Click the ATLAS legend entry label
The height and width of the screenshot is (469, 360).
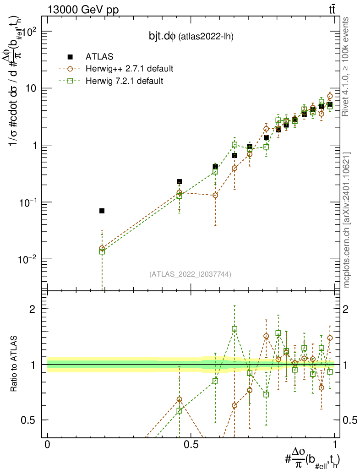98,57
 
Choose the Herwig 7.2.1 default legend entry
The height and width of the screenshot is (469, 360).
125,81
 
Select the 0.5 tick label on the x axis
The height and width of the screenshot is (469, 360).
191,445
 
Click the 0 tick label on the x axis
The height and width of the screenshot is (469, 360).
47,445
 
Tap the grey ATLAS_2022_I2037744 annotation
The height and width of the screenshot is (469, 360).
190,274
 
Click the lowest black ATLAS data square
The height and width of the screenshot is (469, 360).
102,211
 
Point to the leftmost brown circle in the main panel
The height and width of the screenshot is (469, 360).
102,248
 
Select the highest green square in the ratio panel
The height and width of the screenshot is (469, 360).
235,329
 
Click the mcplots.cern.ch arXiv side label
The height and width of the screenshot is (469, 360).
347,220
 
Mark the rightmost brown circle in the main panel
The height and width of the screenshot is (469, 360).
330,96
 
